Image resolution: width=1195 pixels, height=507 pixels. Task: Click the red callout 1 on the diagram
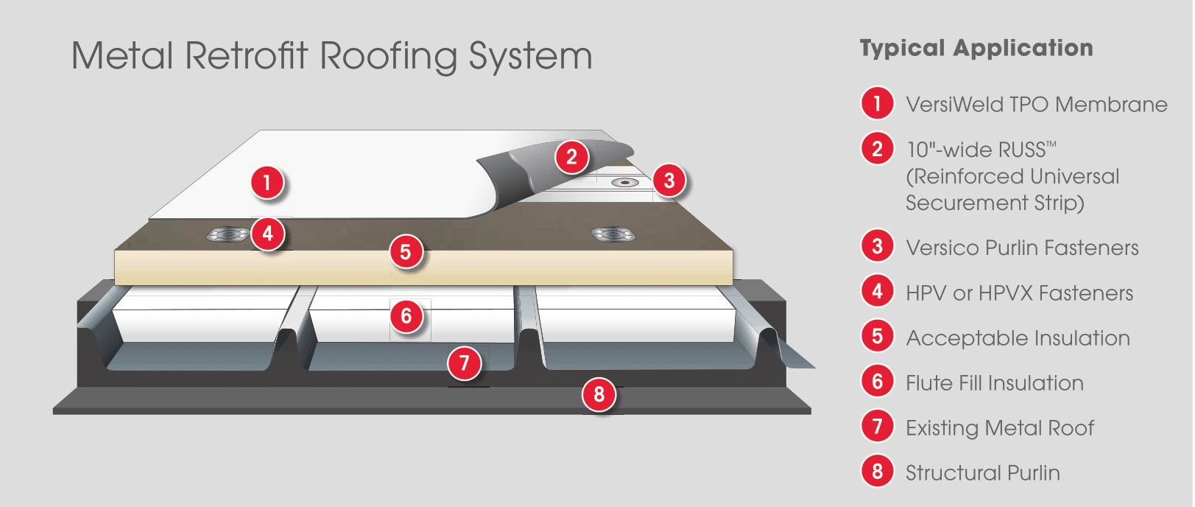267,183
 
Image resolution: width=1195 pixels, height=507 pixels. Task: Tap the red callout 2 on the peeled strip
572,157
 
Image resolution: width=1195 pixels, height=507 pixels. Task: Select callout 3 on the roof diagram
669,181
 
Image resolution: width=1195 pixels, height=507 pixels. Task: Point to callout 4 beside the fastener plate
268,233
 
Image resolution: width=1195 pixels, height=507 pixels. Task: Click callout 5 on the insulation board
406,252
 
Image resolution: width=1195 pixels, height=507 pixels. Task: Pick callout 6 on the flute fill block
406,316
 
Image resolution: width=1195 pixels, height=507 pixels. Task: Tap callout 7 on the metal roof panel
465,363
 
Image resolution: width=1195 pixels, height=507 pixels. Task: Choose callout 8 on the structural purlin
599,395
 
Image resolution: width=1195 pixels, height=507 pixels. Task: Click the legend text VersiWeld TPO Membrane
1037,105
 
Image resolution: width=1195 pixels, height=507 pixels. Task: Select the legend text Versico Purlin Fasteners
1022,248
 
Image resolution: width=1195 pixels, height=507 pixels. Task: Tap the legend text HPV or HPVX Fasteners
1020,293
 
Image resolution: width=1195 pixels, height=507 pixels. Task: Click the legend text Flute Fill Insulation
995,383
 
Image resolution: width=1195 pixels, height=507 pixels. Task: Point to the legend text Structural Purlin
983,473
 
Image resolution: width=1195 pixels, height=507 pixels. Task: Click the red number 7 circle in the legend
878,427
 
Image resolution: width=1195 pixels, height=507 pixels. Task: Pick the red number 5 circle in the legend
878,337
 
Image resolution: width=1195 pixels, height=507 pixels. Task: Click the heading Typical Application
976,49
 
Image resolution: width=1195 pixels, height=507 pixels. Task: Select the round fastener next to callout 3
624,183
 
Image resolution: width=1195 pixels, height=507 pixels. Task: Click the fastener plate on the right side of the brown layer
613,234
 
